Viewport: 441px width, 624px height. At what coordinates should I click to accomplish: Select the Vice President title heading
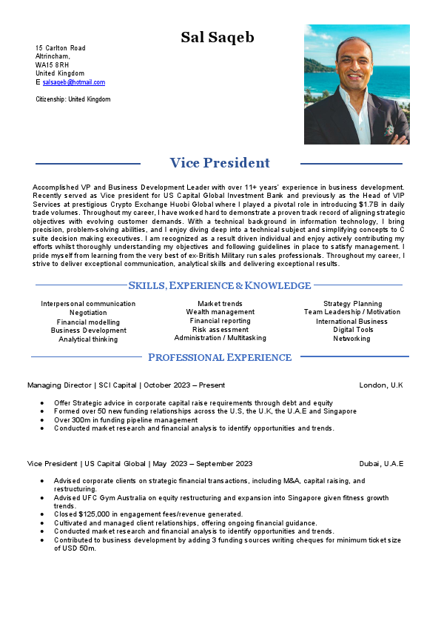pos(220,163)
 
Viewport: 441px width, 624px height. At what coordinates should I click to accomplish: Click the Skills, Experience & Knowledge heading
pos(220,285)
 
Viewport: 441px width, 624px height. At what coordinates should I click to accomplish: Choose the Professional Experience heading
pos(220,357)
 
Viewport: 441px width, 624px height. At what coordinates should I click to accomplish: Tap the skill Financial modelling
pos(88,322)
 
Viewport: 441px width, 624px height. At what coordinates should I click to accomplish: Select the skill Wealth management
pos(220,312)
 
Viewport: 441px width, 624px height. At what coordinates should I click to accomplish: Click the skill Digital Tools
pos(352,330)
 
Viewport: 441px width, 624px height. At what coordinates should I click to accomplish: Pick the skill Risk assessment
pos(220,329)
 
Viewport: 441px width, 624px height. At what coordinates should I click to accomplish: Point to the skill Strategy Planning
pos(352,304)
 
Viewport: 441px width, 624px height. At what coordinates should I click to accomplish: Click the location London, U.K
pos(380,385)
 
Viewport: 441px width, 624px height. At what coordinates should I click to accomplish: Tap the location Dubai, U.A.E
pos(381,464)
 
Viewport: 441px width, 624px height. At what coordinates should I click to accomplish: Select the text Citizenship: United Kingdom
pos(73,99)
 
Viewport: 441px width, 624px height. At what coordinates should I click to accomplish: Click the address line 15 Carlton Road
pos(61,47)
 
